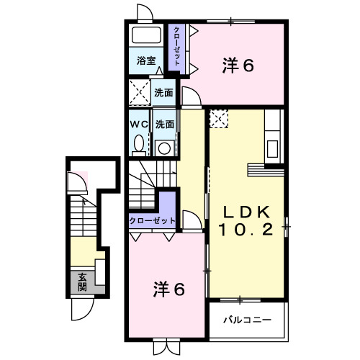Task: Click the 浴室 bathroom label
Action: click(x=146, y=61)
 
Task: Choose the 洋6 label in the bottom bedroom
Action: click(x=168, y=290)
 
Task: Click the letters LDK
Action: click(x=245, y=212)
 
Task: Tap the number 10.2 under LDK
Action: click(x=245, y=231)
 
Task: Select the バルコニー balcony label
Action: click(x=246, y=318)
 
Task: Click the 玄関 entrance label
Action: click(x=82, y=280)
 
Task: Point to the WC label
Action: click(x=139, y=124)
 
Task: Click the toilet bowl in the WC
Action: click(x=139, y=144)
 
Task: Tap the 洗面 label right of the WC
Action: click(x=164, y=124)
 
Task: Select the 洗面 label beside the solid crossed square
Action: click(x=163, y=92)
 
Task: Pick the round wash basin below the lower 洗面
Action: click(x=165, y=148)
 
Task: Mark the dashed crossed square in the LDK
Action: click(x=219, y=118)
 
